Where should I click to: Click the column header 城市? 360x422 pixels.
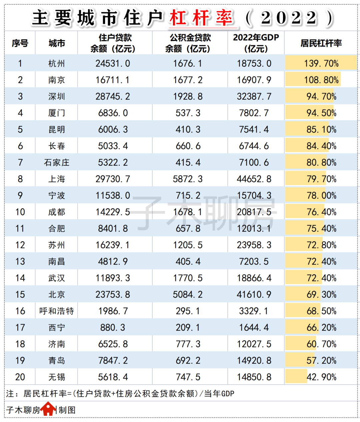(x=56, y=43)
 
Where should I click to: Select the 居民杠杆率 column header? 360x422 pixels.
(x=321, y=43)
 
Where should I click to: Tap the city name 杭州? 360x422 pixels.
(x=56, y=63)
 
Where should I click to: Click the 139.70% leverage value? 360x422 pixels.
(x=321, y=63)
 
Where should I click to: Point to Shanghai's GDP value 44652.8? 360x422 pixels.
(x=254, y=179)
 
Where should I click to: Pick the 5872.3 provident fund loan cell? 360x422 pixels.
(x=188, y=179)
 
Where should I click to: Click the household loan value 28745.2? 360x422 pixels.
(x=113, y=96)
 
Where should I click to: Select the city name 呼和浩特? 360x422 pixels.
(x=56, y=311)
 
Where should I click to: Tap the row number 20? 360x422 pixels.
(x=20, y=377)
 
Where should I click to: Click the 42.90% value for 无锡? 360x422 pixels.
(x=321, y=377)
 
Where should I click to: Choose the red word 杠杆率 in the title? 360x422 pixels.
(x=201, y=18)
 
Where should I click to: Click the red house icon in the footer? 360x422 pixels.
(x=49, y=409)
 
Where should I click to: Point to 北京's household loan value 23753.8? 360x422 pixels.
(x=113, y=295)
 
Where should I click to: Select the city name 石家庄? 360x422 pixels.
(x=56, y=162)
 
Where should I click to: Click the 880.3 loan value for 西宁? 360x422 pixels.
(x=113, y=328)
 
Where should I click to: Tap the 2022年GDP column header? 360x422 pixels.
(x=256, y=43)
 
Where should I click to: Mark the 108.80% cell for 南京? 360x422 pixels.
(x=321, y=80)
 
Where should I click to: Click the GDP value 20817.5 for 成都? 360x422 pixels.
(x=254, y=212)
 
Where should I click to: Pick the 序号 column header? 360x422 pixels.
(x=20, y=43)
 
